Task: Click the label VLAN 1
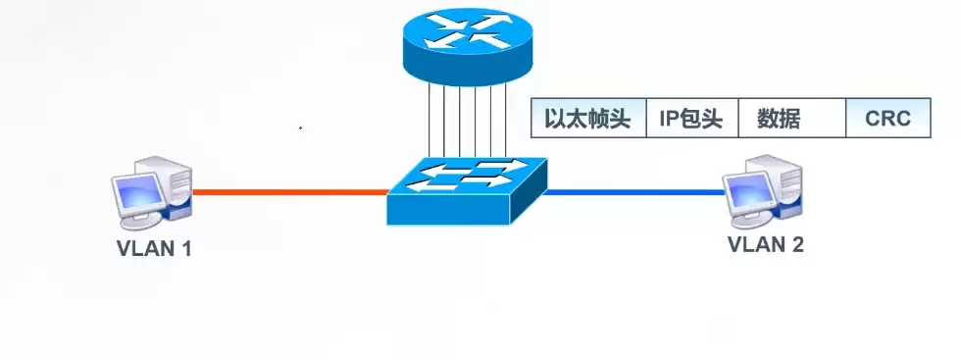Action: point(153,248)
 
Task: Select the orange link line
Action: point(289,192)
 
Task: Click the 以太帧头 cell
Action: point(587,120)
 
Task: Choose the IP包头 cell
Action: point(690,120)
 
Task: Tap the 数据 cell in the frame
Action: point(780,120)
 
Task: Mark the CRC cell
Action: point(887,120)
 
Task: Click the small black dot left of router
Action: point(300,129)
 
